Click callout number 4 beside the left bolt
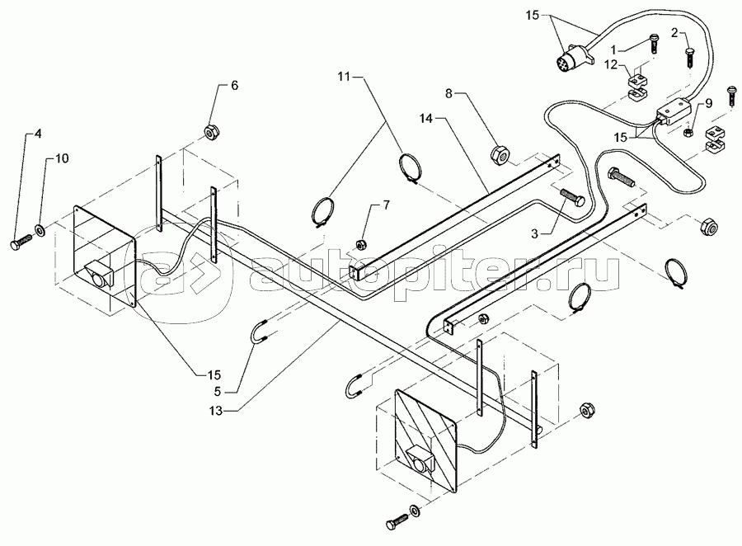[x=38, y=134]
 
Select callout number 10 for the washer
[x=63, y=158]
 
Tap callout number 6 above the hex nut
[x=234, y=86]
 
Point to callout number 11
[x=344, y=76]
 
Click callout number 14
[x=426, y=119]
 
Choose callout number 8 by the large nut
[x=449, y=94]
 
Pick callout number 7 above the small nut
[x=387, y=205]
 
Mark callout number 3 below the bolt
[x=534, y=233]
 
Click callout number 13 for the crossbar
[x=215, y=411]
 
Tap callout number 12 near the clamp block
[x=612, y=65]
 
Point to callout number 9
[x=708, y=103]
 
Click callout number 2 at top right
[x=674, y=33]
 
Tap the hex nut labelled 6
[x=210, y=131]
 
